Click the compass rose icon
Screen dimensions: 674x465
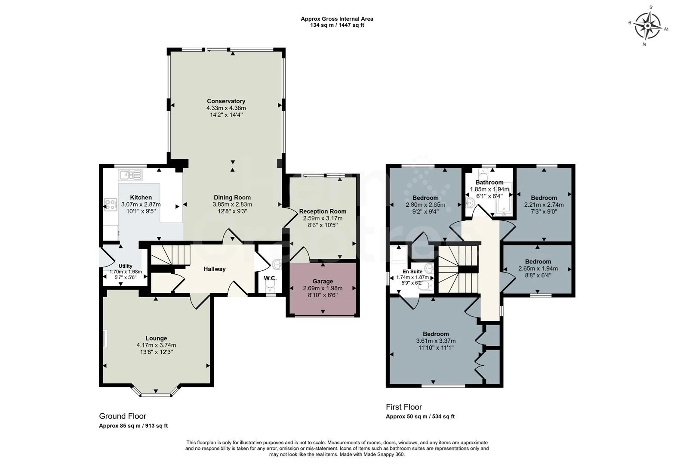click(647, 26)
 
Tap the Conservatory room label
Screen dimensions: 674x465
click(226, 101)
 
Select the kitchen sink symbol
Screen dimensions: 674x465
click(130, 175)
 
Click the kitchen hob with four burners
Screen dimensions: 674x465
click(111, 204)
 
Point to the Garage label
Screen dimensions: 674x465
click(323, 281)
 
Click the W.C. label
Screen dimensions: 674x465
click(270, 278)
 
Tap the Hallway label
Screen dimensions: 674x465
click(215, 269)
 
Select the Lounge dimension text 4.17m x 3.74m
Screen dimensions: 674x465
click(156, 345)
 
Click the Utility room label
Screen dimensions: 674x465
click(126, 266)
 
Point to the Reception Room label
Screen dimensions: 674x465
click(323, 211)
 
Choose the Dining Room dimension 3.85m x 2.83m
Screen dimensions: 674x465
click(232, 205)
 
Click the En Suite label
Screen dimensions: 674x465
click(412, 272)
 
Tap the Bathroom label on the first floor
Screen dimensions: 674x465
click(489, 182)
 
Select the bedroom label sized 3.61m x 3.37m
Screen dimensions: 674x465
click(436, 334)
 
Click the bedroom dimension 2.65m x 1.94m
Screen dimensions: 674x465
click(538, 268)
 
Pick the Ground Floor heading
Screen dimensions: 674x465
click(123, 416)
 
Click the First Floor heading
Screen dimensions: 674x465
click(404, 407)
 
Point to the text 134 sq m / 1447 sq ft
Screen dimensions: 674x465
click(337, 25)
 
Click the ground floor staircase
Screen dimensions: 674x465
click(170, 255)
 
